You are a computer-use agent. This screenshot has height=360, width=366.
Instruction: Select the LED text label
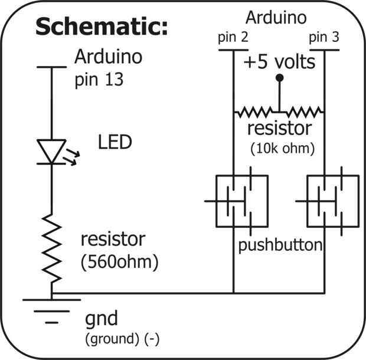click(115, 142)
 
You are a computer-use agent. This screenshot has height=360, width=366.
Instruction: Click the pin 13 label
click(99, 80)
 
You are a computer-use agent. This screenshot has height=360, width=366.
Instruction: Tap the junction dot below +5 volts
click(279, 78)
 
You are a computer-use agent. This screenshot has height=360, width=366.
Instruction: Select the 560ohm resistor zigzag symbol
click(51, 248)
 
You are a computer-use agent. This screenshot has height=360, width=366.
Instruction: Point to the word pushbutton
click(280, 245)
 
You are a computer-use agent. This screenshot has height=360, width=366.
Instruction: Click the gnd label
click(102, 319)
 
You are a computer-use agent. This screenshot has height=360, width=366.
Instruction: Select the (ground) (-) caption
click(123, 339)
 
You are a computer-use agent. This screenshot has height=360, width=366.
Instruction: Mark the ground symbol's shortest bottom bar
click(51, 323)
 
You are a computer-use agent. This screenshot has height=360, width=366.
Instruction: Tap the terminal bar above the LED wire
click(51, 67)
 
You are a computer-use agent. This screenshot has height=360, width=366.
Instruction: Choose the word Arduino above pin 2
click(276, 18)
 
